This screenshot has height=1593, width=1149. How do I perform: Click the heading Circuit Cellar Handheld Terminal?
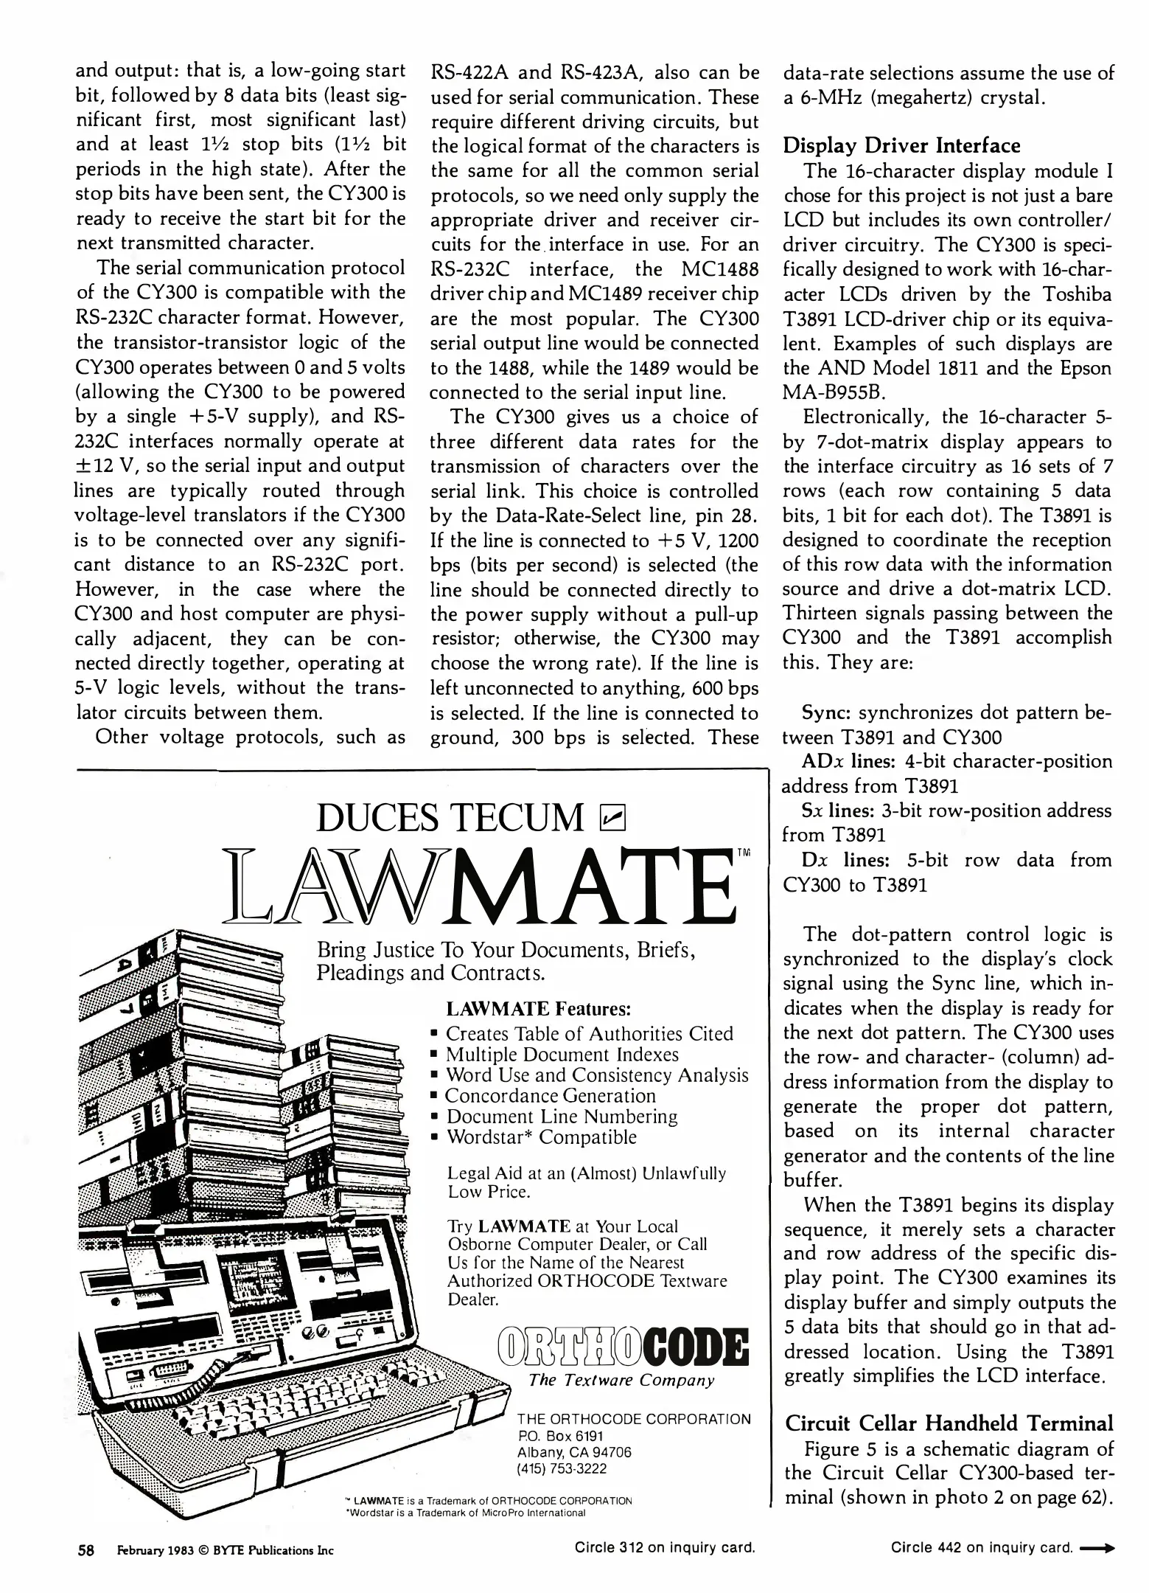pyautogui.click(x=949, y=1423)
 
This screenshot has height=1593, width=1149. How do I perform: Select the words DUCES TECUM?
pyautogui.click(x=450, y=818)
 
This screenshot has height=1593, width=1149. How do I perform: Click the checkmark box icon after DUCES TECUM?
pyautogui.click(x=613, y=817)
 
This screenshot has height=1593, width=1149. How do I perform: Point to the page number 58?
pyautogui.click(x=86, y=1549)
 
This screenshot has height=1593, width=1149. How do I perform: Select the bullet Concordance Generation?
pyautogui.click(x=550, y=1096)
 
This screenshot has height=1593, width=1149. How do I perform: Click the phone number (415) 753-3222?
pyautogui.click(x=562, y=1468)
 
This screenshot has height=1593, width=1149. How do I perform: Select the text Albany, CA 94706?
pyautogui.click(x=575, y=1452)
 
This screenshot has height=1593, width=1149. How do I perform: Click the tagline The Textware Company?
pyautogui.click(x=621, y=1380)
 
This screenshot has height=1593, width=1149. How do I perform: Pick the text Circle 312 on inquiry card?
pyautogui.click(x=665, y=1548)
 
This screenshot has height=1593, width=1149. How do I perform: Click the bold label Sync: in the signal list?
pyautogui.click(x=826, y=713)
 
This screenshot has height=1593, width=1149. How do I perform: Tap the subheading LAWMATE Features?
pyautogui.click(x=539, y=1008)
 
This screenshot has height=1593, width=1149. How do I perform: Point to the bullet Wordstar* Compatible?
pyautogui.click(x=541, y=1137)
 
